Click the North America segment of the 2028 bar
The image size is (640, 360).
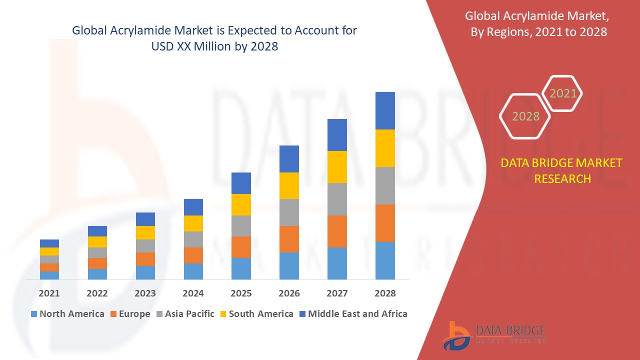385,260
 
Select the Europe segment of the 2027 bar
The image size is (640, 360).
337,231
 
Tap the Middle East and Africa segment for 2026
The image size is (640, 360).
289,159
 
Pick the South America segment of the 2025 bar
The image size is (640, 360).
241,204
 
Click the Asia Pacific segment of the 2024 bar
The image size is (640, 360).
193,239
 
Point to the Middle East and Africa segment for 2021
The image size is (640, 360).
49,243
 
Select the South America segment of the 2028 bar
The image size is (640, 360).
385,148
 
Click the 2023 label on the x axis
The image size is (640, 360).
145,293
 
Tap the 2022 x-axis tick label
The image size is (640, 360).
97,293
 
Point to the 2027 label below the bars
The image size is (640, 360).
337,293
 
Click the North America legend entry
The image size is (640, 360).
67,314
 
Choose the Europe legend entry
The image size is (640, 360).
129,314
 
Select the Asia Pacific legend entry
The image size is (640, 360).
184,314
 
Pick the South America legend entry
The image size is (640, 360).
256,314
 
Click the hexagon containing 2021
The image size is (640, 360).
562,93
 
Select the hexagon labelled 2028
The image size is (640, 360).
525,116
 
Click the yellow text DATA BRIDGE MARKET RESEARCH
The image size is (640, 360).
562,170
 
